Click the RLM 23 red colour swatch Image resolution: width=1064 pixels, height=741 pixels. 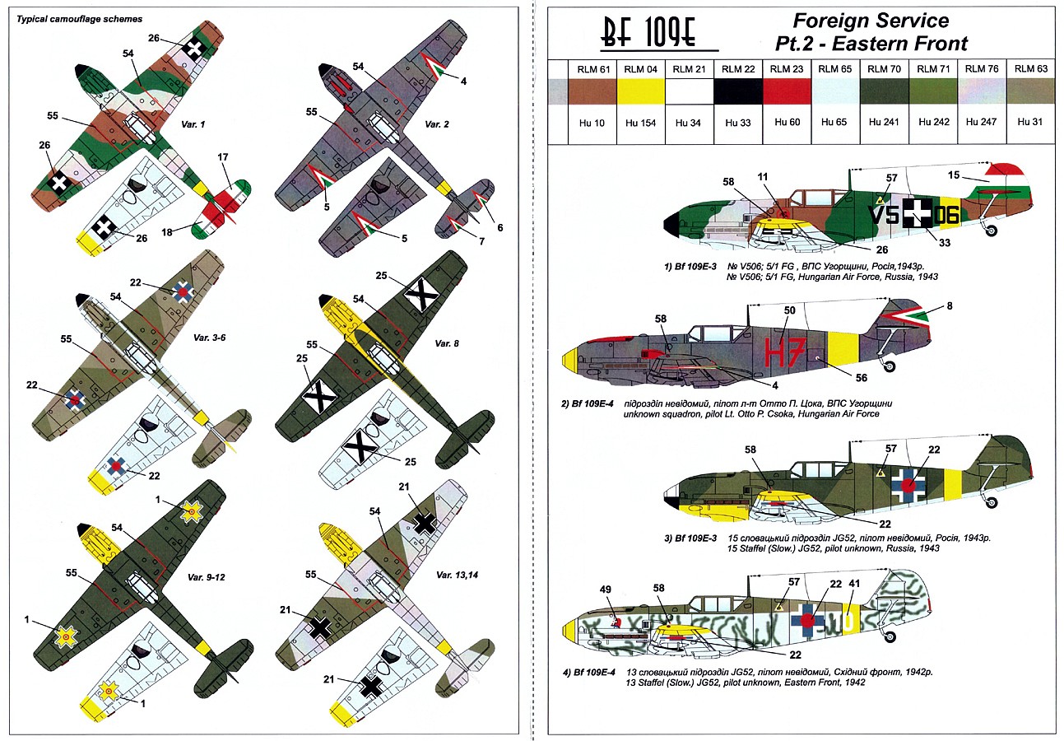[x=787, y=91]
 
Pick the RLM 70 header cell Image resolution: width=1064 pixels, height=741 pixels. [x=884, y=69]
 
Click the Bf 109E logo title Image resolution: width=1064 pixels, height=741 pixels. [x=651, y=37]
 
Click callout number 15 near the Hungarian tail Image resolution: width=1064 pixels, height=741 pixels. [x=954, y=175]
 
